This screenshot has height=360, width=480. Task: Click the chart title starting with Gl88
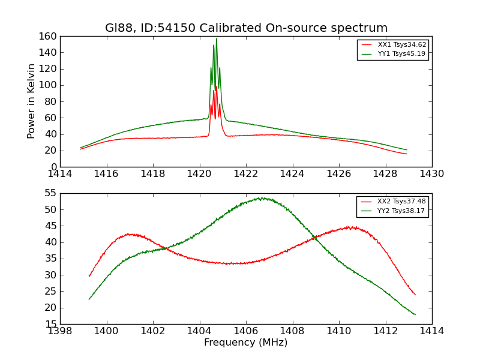click(246, 28)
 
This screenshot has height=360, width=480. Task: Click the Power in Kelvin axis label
click(31, 101)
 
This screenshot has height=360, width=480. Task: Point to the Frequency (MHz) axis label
click(246, 343)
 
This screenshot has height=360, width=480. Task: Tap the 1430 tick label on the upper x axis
click(432, 174)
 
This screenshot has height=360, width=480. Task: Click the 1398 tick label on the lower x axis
click(61, 331)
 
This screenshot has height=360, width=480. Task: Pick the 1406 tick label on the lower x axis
click(246, 331)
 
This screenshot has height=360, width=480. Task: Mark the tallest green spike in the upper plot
click(217, 40)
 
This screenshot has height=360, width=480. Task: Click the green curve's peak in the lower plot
click(260, 197)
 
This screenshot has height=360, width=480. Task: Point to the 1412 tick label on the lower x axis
click(385, 331)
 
